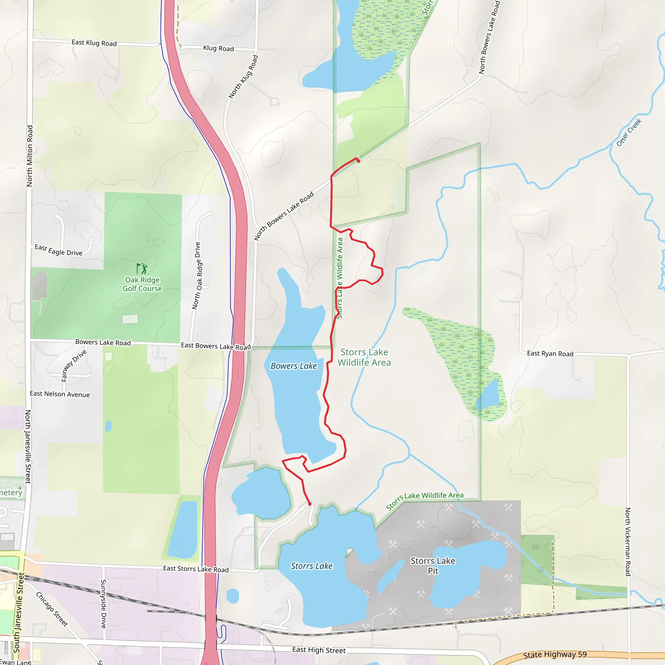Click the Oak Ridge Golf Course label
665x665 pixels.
coord(142,284)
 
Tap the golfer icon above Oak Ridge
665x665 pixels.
coord(142,269)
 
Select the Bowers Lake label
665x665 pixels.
coord(294,366)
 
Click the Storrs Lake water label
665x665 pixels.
coord(311,566)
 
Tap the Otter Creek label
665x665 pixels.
coord(629,132)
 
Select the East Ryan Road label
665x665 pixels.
coord(550,354)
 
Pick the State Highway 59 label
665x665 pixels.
coord(555,654)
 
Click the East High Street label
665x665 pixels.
coord(319,650)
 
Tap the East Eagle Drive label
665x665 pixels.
coord(58,250)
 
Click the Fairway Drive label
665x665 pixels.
coord(73,366)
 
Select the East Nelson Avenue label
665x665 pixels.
coord(59,394)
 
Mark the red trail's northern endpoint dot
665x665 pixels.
coord(358,161)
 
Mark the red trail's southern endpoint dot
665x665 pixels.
coord(310,504)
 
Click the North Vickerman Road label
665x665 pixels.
coord(628,542)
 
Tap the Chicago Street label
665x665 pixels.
coord(52,609)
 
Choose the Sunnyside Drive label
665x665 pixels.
coord(103,604)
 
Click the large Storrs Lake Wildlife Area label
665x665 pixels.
coord(364,357)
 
